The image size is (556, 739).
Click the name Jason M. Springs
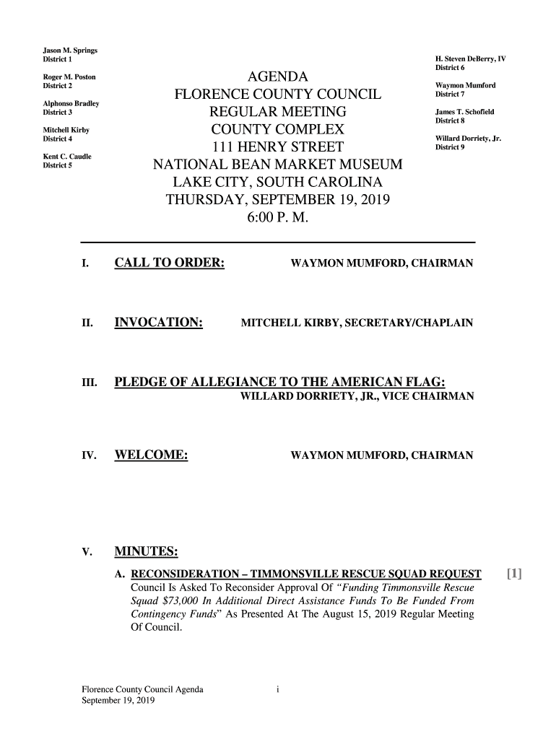coord(70,50)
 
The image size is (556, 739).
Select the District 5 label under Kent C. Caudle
coord(57,165)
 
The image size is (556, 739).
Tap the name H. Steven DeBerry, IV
coord(470,58)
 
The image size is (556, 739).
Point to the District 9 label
coord(449,147)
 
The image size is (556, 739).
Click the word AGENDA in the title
coord(278,77)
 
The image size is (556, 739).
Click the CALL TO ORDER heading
coord(170,263)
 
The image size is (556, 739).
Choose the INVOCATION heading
coord(158,322)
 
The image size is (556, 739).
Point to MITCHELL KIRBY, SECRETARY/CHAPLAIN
coord(357,323)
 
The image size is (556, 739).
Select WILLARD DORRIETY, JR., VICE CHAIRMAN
coord(357,396)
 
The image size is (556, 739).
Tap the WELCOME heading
coord(152,455)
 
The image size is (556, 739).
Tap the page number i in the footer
coord(277,689)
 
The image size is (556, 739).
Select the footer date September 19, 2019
coord(118,701)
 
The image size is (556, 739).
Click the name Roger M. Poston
coord(69,76)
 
